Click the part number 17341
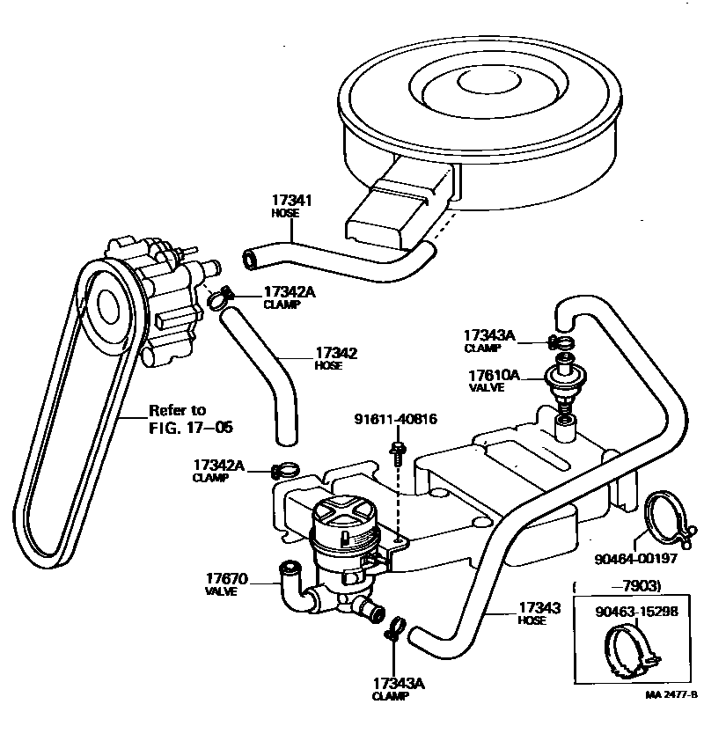[292, 202]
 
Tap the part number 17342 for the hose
[336, 354]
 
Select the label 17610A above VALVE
[493, 376]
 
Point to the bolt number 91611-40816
[396, 421]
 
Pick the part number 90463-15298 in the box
[636, 613]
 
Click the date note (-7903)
[618, 586]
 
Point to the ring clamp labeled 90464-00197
[667, 519]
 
